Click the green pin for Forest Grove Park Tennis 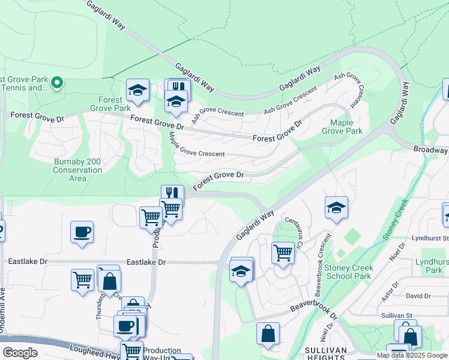(57, 83)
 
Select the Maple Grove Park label (342, 127)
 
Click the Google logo (20, 353)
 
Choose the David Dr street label (418, 296)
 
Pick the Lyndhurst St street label (430, 238)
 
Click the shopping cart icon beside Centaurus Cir (283, 252)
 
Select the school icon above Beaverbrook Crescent (336, 208)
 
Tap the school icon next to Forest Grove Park (138, 91)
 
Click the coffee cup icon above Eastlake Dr (82, 231)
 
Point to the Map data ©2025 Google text (412, 355)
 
